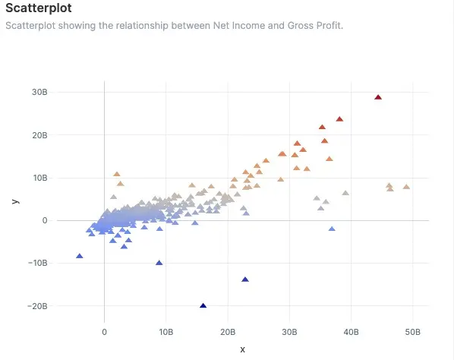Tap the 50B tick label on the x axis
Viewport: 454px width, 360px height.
point(412,333)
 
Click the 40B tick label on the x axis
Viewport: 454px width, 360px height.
point(351,333)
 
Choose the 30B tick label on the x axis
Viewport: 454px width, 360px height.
point(289,333)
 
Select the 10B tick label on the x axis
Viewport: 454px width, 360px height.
point(166,333)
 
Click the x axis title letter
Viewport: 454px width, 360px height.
point(242,349)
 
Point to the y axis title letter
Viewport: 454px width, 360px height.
point(15,201)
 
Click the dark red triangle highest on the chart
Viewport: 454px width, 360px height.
point(378,97)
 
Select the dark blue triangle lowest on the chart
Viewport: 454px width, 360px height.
point(203,305)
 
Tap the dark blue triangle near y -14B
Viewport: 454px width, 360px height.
point(245,279)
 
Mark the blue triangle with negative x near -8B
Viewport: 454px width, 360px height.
point(80,256)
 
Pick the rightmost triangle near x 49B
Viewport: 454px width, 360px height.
point(406,187)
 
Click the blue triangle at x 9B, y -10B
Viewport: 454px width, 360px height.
point(159,263)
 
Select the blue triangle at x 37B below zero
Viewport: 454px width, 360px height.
point(332,229)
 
